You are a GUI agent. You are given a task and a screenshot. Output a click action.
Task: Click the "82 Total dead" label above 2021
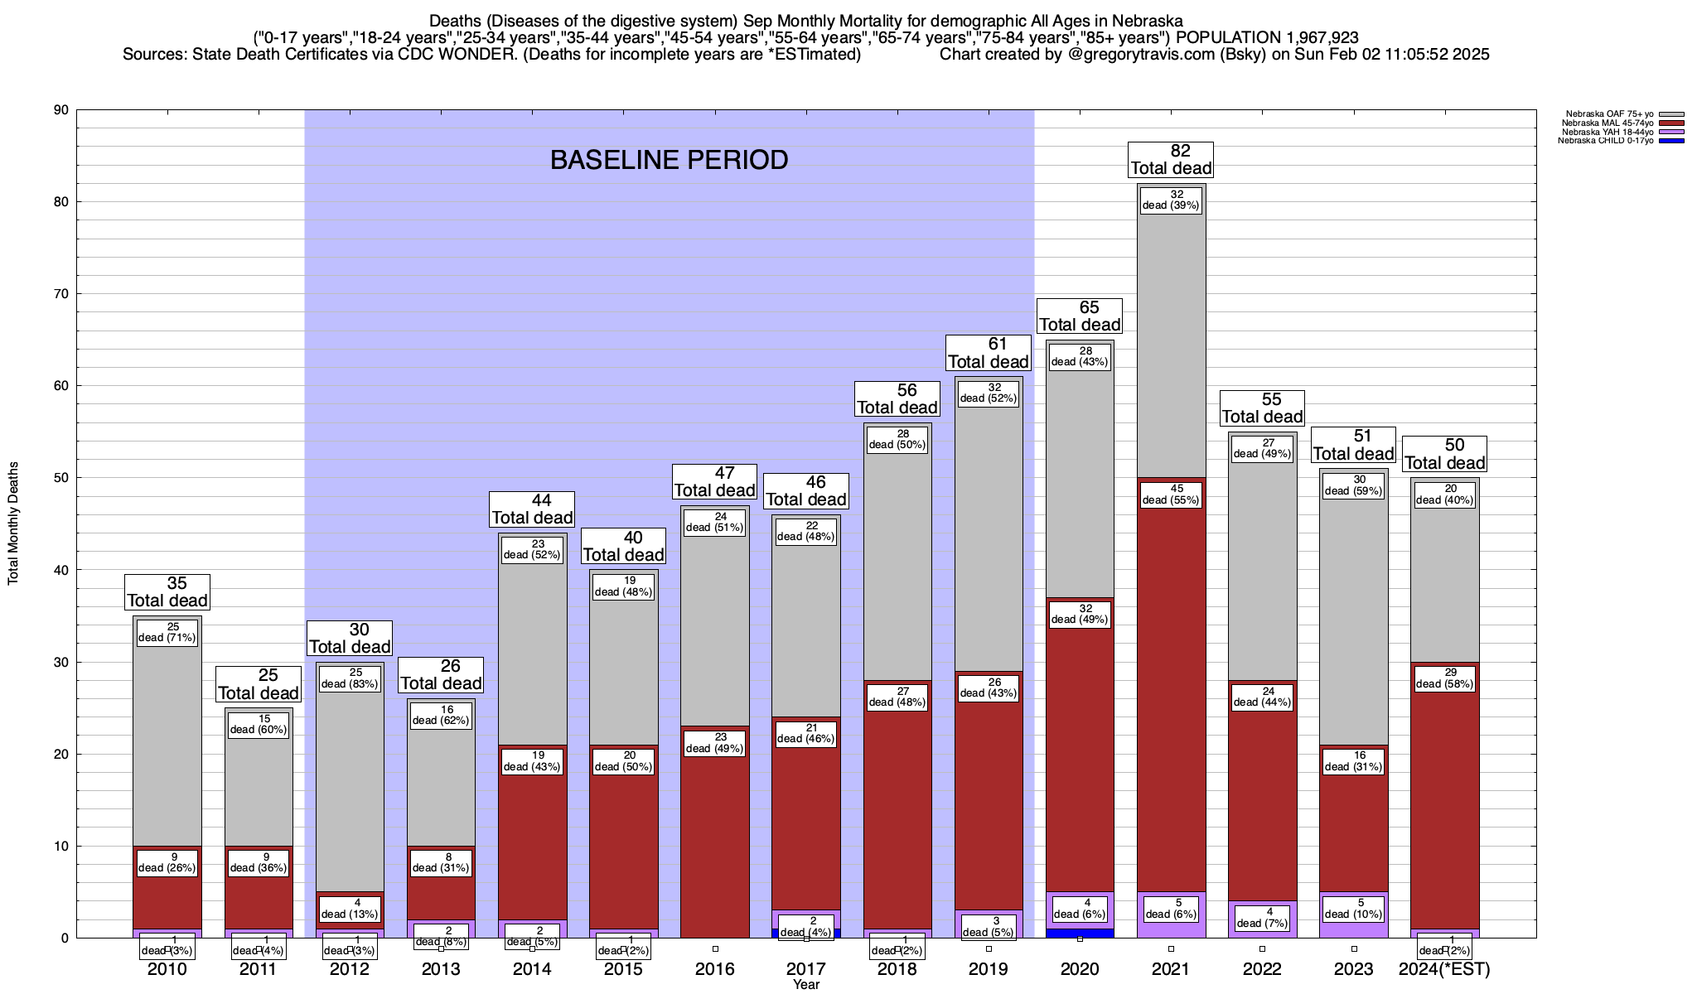point(1171,160)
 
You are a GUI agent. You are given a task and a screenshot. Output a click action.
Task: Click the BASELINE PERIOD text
point(669,160)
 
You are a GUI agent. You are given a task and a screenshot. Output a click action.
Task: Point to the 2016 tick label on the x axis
point(714,969)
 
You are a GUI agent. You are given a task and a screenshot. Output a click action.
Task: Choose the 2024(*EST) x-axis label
point(1444,969)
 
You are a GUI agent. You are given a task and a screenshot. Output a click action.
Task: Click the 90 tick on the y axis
point(61,110)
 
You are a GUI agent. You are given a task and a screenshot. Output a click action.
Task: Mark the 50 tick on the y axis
point(61,478)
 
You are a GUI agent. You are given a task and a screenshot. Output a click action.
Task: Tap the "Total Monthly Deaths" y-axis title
point(13,524)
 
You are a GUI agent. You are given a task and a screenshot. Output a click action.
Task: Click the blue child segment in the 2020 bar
point(1080,933)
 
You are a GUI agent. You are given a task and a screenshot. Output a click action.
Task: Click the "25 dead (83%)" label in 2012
point(350,678)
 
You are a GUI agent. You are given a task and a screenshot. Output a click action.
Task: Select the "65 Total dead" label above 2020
point(1080,316)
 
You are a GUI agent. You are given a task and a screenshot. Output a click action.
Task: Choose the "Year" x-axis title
point(805,985)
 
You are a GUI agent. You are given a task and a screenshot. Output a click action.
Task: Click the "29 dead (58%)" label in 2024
point(1444,678)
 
